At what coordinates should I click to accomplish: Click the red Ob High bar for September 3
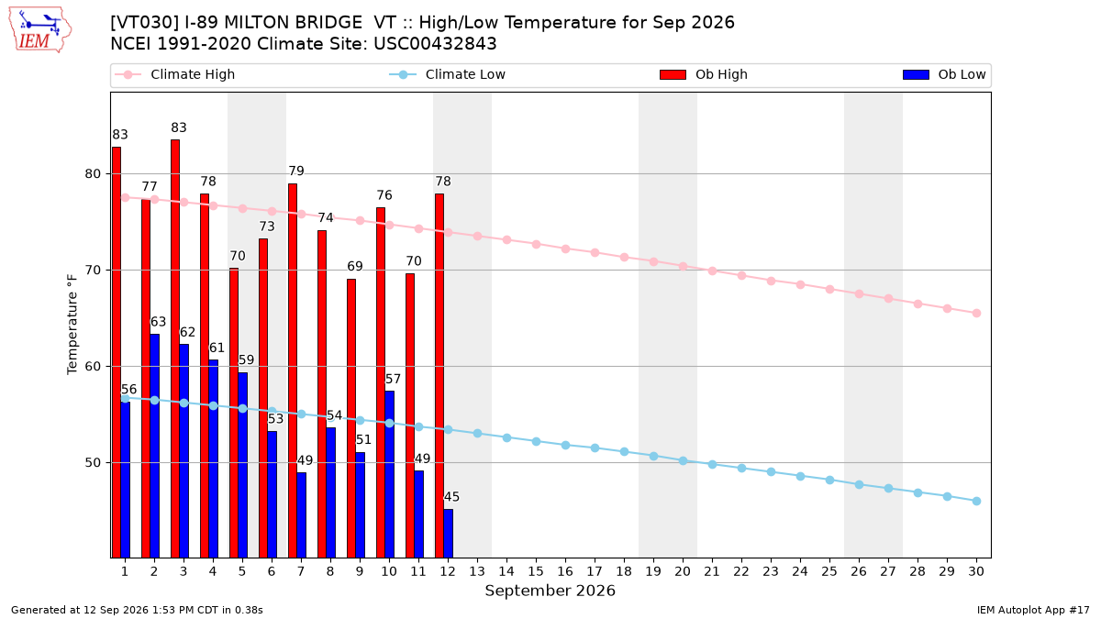tap(175, 348)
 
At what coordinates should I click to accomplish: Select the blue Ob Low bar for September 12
tap(449, 534)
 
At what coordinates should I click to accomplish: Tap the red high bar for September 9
tap(351, 418)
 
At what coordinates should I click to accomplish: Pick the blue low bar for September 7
tap(301, 515)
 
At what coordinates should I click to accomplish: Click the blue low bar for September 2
tap(154, 446)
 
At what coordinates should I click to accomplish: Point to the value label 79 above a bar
tap(296, 171)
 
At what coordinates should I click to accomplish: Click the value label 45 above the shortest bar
tap(451, 497)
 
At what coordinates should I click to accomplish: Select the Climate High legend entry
tap(175, 74)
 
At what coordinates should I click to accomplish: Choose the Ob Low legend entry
tap(944, 74)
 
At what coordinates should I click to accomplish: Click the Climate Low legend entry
tap(448, 74)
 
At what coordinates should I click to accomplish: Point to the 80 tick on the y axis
tap(93, 174)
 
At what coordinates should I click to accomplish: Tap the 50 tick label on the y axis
tap(93, 463)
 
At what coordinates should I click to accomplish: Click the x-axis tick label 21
tap(712, 571)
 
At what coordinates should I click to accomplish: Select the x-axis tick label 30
tap(976, 571)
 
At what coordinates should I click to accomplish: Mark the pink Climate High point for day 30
tap(976, 314)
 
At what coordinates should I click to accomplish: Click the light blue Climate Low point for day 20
tap(683, 460)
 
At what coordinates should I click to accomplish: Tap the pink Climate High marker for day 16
tap(565, 249)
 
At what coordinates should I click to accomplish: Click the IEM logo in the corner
tap(40, 30)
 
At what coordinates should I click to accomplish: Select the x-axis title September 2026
tap(550, 591)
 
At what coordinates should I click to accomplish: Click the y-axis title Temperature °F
tap(72, 325)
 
